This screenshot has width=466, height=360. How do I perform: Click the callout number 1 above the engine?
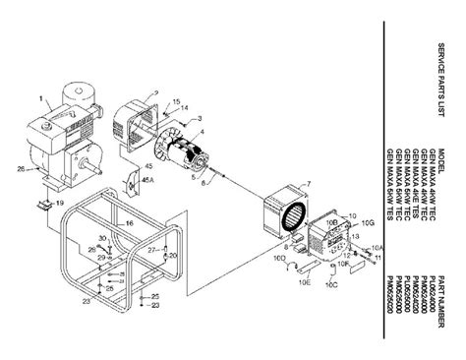tap(41, 99)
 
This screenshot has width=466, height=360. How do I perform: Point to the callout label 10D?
tap(278, 260)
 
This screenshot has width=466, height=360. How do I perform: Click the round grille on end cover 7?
tap(292, 218)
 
